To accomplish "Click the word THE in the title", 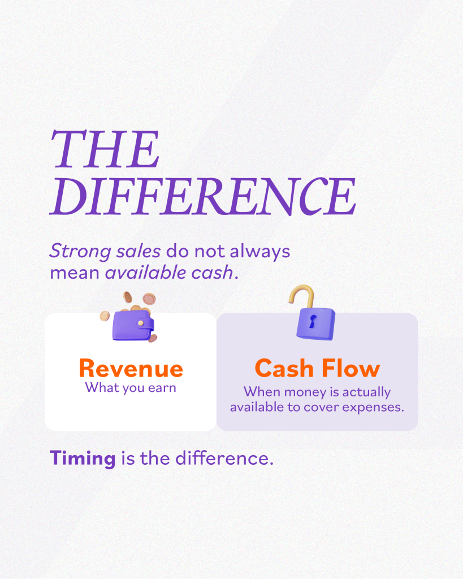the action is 105,149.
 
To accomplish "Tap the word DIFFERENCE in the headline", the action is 203,196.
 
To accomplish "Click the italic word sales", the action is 139,251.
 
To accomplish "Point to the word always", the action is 260,252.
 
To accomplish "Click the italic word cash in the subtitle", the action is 213,273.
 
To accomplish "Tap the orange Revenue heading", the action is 131,368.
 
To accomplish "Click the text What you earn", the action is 131,388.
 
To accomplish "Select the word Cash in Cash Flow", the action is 284,368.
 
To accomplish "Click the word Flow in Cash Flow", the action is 351,368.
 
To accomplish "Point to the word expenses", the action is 373,408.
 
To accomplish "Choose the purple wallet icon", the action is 133,325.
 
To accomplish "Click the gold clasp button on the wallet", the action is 141,323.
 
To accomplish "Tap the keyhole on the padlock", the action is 313,321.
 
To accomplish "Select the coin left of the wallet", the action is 105,316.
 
